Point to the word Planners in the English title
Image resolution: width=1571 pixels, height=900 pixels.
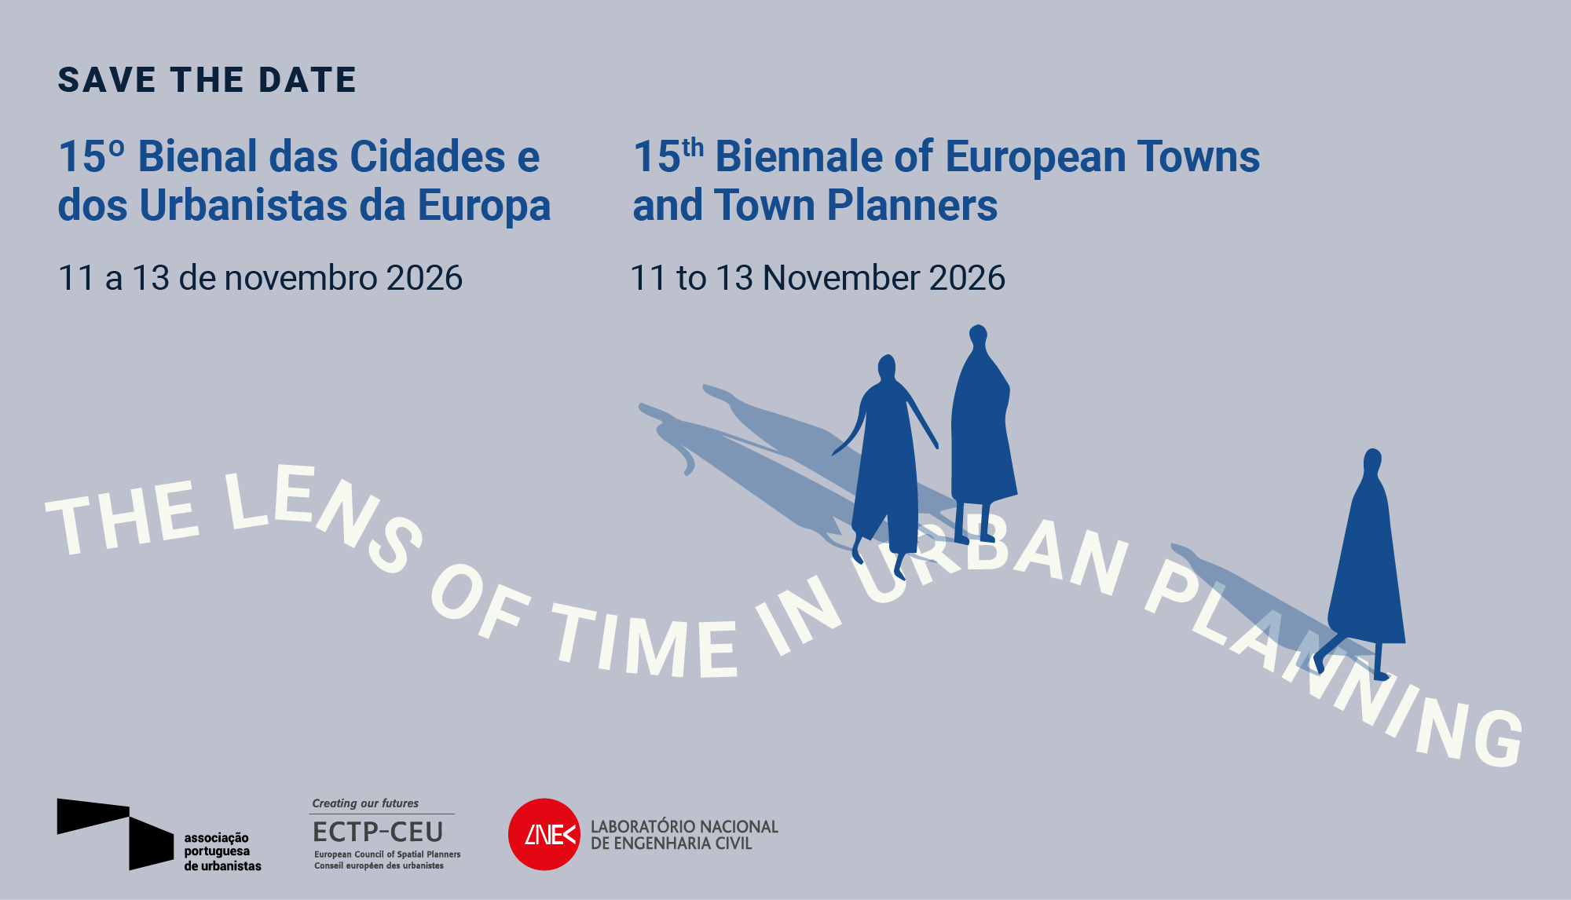point(912,205)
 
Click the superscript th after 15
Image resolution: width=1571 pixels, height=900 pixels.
point(693,148)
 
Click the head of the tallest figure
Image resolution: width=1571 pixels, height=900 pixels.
point(978,335)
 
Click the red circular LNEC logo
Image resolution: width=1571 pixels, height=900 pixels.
point(544,834)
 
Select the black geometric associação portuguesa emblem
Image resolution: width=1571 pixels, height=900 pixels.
point(115,833)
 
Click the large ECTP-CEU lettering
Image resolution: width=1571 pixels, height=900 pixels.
point(378,831)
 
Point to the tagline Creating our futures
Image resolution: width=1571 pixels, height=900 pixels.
point(365,803)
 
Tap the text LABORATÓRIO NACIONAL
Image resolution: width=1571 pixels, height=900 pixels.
point(684,826)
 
